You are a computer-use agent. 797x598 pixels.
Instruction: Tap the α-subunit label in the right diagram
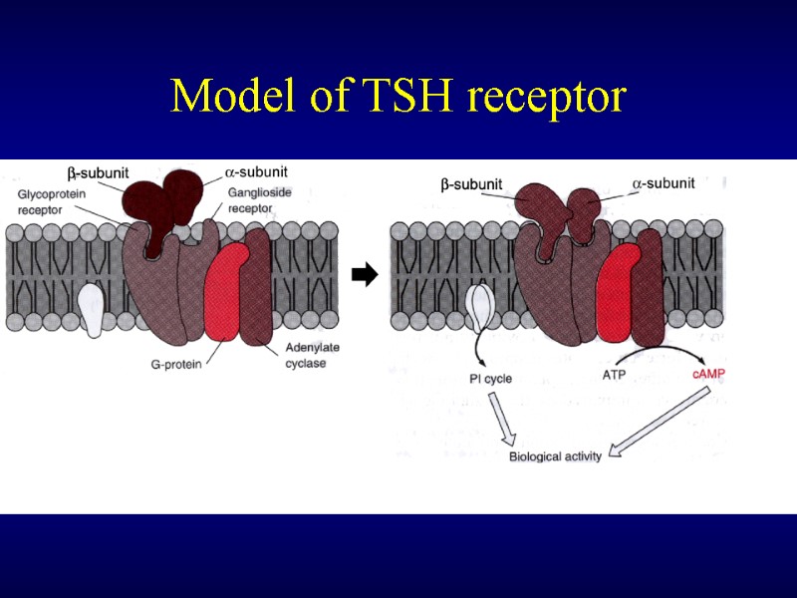click(664, 182)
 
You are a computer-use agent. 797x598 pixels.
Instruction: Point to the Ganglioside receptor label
click(259, 200)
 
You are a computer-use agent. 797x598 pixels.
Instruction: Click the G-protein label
click(176, 365)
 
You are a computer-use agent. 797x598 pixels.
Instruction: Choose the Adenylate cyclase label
click(299, 356)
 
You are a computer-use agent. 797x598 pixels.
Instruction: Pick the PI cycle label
click(490, 379)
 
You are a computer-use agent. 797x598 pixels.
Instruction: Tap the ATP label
click(615, 375)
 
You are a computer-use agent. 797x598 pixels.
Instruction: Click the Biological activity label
click(555, 457)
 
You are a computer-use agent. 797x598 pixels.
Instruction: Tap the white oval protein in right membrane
click(479, 308)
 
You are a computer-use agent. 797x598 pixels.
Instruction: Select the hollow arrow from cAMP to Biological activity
click(658, 425)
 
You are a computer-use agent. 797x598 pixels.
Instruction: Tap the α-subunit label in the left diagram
click(258, 171)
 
